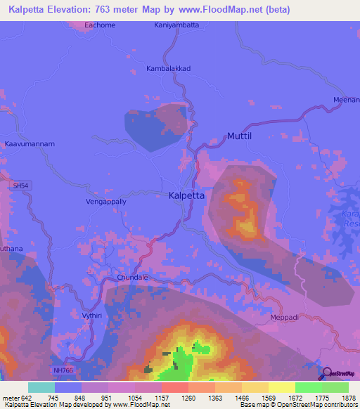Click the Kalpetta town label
click(187, 197)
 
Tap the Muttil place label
click(241, 136)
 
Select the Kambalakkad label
click(168, 68)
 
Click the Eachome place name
click(99, 25)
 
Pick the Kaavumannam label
click(30, 143)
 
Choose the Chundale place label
click(132, 278)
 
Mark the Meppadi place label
click(285, 318)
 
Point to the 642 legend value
click(26, 398)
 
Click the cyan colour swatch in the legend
click(41, 387)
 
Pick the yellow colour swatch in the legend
click(282, 387)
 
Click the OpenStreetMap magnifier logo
click(328, 372)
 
